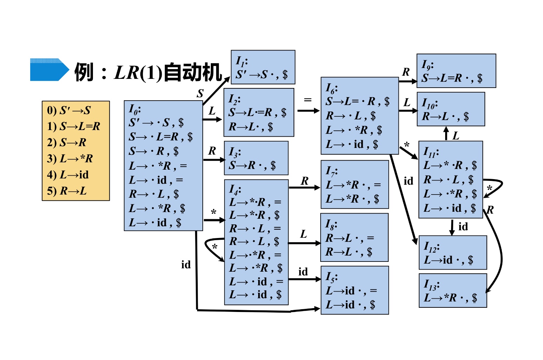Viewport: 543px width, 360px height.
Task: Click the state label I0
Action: pos(135,109)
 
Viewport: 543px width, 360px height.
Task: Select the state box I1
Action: pos(263,67)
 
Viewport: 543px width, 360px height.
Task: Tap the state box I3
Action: pos(256,158)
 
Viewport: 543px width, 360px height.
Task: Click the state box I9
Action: pos(456,71)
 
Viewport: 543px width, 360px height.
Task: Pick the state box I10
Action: pos(451,109)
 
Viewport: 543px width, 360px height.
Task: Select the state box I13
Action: pos(452,291)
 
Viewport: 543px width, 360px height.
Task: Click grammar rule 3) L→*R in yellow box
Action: pos(70,158)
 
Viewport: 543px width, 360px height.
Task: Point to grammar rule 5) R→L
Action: pos(67,191)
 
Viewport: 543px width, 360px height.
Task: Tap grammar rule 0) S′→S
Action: pos(69,110)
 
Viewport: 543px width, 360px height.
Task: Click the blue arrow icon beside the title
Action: pos(49,70)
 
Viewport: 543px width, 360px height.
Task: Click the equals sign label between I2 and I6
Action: pos(308,100)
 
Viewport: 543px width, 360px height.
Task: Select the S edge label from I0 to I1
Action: pos(200,93)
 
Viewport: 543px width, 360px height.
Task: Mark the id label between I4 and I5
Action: pos(303,272)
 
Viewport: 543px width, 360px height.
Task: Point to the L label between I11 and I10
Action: pos(456,136)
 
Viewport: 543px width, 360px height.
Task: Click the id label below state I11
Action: pos(463,227)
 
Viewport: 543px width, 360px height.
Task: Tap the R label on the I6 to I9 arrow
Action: pos(406,72)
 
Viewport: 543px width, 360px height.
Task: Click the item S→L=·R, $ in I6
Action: pos(357,102)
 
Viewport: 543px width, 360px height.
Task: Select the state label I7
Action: pos(331,171)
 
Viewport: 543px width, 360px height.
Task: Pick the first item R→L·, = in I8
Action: pos(350,238)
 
